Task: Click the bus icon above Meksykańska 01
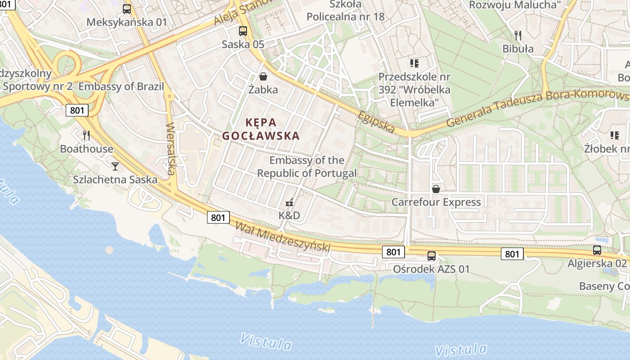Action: pos(127,9)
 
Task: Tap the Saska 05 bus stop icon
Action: pos(243,31)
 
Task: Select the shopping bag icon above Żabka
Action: pos(263,76)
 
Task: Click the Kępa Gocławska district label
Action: pos(261,129)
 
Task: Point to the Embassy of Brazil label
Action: pos(121,86)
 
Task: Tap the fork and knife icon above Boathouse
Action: pos(86,135)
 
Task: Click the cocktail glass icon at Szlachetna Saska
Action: pos(115,166)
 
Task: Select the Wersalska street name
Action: pos(171,148)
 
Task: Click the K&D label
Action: pos(289,216)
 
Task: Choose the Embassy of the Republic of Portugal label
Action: pos(307,166)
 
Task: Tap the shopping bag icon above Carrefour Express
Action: pos(436,189)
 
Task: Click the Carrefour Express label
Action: pos(436,202)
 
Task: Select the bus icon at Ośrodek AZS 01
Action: pos(431,256)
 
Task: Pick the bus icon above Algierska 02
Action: pos(597,250)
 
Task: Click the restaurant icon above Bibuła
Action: pos(518,35)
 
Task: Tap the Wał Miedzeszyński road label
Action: pos(283,238)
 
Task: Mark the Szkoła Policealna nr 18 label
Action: pos(346,11)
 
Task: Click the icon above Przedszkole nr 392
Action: pos(414,63)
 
